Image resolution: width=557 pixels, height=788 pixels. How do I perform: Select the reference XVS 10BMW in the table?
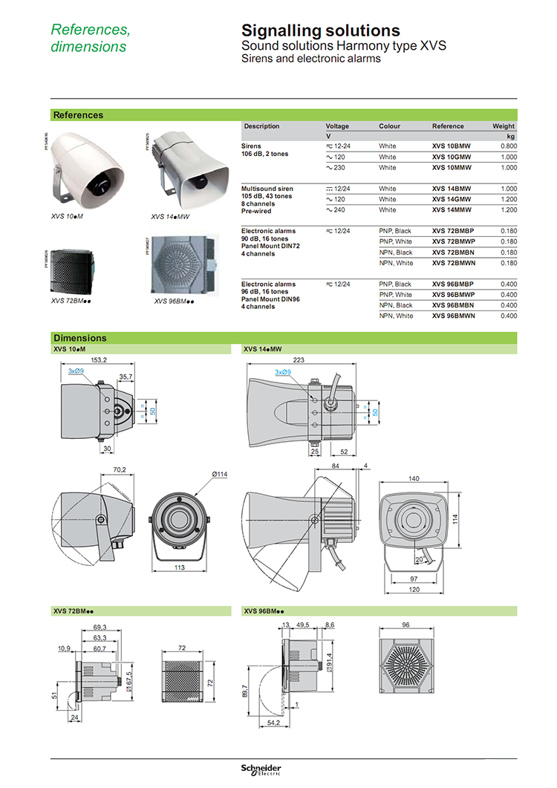coord(451,146)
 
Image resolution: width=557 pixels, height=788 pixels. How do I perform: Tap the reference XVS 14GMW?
coord(451,199)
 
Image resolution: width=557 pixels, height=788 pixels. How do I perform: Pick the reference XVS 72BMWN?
coord(452,263)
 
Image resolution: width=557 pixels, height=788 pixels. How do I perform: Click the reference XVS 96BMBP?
coord(452,284)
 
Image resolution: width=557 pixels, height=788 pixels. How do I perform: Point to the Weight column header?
coord(503,126)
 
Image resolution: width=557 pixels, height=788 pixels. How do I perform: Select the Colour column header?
coord(389,126)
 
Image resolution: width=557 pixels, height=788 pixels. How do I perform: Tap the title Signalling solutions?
coord(321,30)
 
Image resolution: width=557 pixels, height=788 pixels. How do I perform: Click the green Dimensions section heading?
coord(80,338)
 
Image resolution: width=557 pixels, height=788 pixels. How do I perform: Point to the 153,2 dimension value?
coord(99,359)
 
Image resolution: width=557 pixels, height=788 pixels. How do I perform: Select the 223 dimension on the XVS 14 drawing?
coord(299,359)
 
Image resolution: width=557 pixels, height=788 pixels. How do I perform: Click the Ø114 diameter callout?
coord(198,475)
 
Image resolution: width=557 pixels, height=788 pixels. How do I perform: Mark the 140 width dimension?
coord(413,478)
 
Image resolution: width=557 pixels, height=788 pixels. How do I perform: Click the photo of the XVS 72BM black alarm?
coord(70,272)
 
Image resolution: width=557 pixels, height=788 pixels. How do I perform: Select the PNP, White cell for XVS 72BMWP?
coord(395,241)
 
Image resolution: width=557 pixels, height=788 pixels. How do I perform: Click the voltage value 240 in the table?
coord(342,210)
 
